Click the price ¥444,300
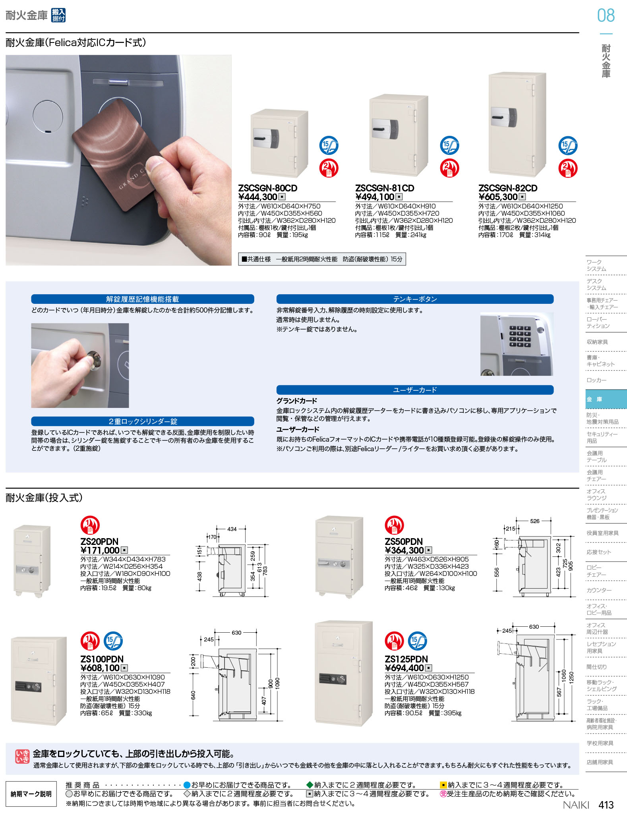(257, 197)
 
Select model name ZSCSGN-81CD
(385, 188)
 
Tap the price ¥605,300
(498, 197)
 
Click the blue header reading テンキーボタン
(415, 299)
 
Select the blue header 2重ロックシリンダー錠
(143, 421)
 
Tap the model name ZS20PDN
(99, 541)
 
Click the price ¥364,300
(404, 550)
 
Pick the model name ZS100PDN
(102, 659)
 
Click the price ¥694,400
(404, 668)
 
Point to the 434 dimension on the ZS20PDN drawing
(232, 529)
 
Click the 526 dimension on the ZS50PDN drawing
(535, 521)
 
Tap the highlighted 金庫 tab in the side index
(606, 399)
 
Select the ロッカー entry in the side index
(597, 380)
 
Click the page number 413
(606, 805)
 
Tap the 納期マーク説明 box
(31, 794)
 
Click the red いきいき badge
(22, 756)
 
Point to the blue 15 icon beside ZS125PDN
(418, 641)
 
